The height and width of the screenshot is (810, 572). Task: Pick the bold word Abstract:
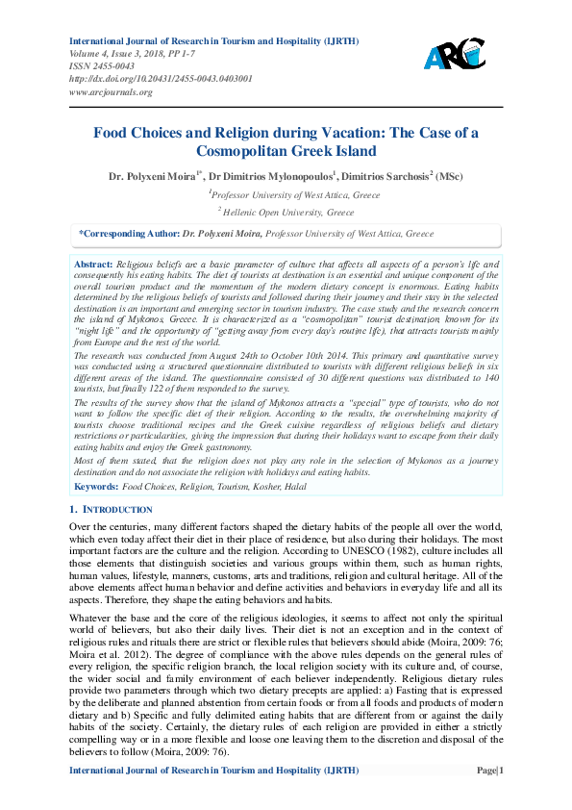point(93,264)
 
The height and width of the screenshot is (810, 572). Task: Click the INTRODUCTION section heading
point(117,508)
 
